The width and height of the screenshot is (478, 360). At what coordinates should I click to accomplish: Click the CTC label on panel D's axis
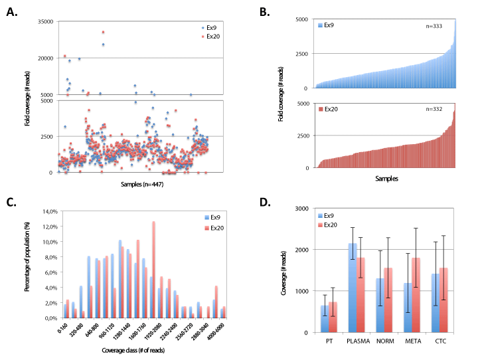(x=439, y=343)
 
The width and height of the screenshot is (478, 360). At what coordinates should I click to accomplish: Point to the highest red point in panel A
(x=103, y=32)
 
